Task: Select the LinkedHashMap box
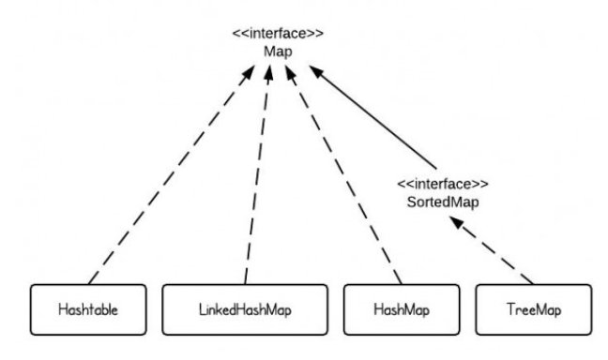point(245,308)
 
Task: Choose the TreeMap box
point(533,308)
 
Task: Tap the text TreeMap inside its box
point(533,308)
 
